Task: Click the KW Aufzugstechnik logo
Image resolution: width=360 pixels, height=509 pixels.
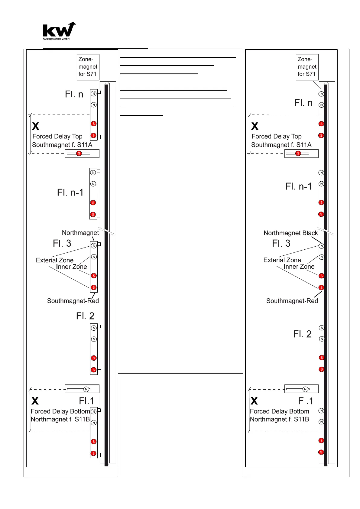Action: pos(59,31)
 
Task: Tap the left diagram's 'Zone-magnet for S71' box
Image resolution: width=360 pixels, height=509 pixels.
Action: pos(88,67)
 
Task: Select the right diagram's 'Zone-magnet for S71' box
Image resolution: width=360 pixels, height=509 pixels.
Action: pos(307,67)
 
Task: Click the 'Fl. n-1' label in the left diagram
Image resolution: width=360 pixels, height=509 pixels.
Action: pos(70,193)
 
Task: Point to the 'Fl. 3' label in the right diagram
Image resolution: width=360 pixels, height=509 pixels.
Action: pos(281,243)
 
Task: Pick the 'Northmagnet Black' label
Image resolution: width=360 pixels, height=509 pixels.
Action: pos(290,233)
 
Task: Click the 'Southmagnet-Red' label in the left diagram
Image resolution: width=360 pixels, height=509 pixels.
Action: pos(73,301)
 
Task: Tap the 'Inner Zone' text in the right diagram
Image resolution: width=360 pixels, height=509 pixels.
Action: pos(299,267)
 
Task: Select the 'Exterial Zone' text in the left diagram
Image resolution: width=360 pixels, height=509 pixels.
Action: pos(55,260)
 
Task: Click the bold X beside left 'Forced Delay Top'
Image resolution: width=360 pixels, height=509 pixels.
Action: pos(36,126)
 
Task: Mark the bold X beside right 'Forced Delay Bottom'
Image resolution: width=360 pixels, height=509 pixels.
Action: pos(254,401)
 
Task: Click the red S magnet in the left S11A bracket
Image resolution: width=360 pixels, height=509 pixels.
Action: pos(79,154)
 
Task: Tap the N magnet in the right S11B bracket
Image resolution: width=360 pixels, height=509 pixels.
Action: pos(305,389)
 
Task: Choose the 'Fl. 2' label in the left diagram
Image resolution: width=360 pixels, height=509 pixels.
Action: pos(85,316)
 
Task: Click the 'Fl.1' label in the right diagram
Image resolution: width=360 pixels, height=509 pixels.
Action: pos(306,401)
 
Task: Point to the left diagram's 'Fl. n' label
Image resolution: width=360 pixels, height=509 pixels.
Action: pos(74,94)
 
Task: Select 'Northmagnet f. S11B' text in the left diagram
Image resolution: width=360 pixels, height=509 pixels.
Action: pos(60,419)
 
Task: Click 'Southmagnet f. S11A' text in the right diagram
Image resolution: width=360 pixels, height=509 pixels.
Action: pos(281,145)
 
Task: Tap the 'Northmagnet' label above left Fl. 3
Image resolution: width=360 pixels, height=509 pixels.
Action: pos(80,233)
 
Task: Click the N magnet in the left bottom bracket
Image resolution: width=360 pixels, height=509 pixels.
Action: pos(86,389)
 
